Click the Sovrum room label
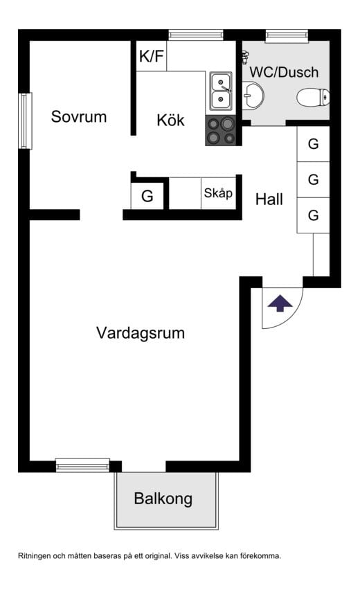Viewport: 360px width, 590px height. click(x=79, y=117)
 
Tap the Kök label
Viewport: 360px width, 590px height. click(x=170, y=120)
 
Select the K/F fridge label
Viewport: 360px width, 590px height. click(x=152, y=57)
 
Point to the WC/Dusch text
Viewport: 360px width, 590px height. click(x=285, y=72)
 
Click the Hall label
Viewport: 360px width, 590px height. click(x=269, y=200)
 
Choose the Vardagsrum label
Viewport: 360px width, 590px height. click(x=141, y=333)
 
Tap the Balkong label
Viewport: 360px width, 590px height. click(x=163, y=499)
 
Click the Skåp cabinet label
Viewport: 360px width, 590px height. click(x=218, y=194)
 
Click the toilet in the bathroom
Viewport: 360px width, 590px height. click(x=312, y=98)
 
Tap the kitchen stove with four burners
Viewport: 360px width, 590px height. click(x=221, y=131)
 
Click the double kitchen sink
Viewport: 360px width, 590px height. click(x=221, y=91)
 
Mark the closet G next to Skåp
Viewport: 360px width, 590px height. click(x=147, y=196)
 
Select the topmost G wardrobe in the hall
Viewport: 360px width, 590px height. click(x=313, y=145)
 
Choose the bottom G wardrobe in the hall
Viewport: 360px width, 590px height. click(x=313, y=215)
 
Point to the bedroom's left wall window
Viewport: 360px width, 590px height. click(x=25, y=120)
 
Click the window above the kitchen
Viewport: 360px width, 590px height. click(x=196, y=35)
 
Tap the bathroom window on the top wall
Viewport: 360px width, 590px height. click(x=287, y=35)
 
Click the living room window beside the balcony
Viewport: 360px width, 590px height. click(x=82, y=465)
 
